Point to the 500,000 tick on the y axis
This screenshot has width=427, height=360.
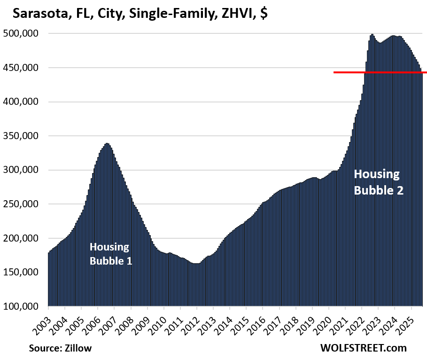pos(23,34)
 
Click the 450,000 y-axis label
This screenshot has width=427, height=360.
pos(23,68)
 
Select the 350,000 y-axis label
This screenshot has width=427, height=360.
pos(23,136)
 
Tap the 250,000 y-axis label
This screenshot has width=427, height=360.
pos(23,204)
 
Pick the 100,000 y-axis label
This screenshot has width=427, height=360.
pos(23,306)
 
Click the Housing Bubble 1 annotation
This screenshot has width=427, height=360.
pos(110,253)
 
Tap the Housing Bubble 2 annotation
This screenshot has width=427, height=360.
pos(378,182)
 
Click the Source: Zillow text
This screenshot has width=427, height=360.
pos(60,348)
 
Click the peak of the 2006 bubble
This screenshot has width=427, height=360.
pos(107,144)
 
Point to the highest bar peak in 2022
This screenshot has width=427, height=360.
pos(372,35)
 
